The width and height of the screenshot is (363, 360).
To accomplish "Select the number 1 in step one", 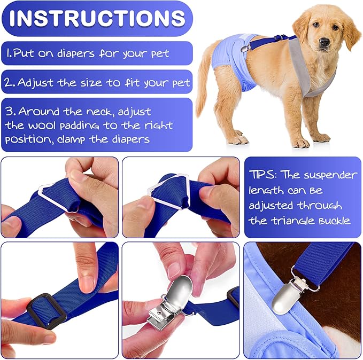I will tap(9, 53).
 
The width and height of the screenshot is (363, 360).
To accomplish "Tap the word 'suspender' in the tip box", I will tap(326, 175).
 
